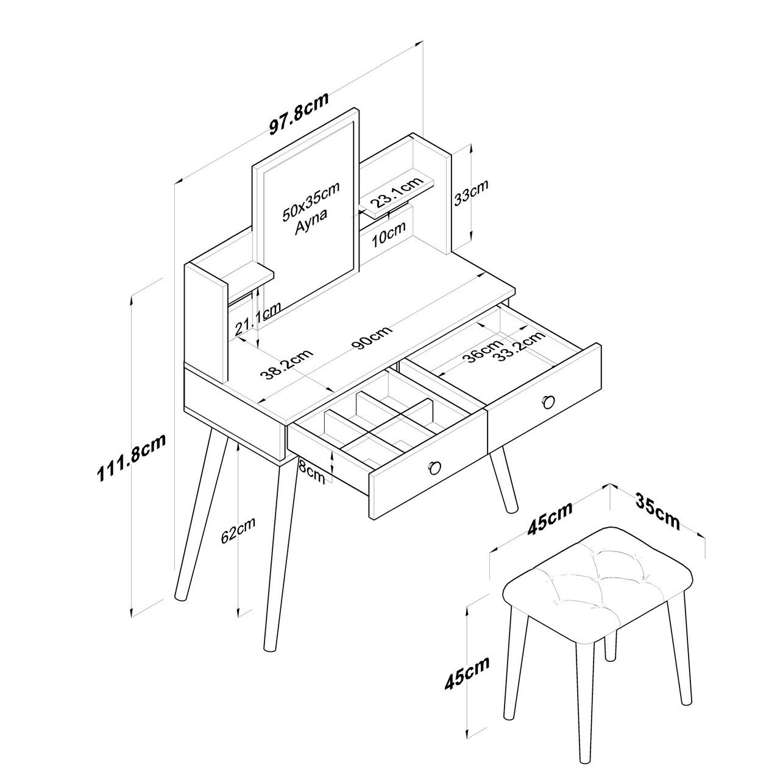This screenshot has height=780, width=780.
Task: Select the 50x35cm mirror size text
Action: click(x=311, y=201)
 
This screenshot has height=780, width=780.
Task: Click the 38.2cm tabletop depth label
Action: click(x=286, y=364)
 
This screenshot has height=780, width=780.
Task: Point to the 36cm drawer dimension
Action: click(x=484, y=351)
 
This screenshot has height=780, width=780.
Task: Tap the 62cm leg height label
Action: click(x=238, y=530)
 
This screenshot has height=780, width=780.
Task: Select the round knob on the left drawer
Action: click(x=434, y=468)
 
